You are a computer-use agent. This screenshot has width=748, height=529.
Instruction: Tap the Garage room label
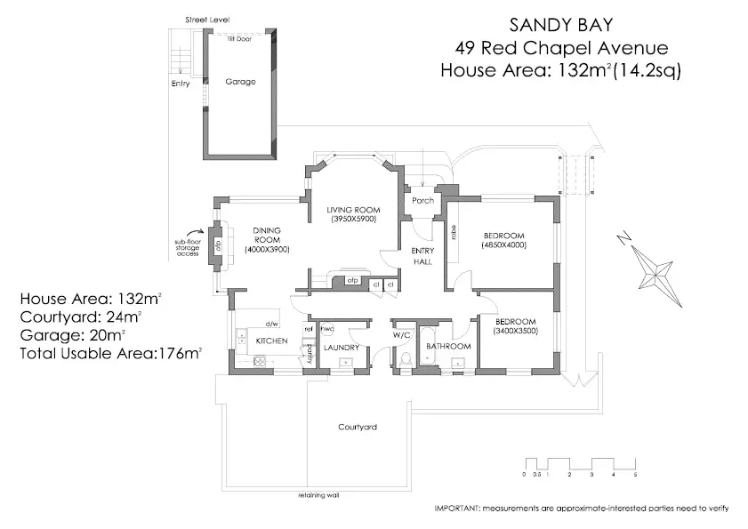pyautogui.click(x=240, y=82)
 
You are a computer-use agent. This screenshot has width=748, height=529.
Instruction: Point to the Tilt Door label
pyautogui.click(x=238, y=39)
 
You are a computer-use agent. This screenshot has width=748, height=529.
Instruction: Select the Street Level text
pyautogui.click(x=207, y=19)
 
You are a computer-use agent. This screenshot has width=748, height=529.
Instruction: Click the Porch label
pyautogui.click(x=423, y=200)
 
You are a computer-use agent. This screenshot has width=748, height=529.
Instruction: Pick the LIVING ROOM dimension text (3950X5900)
pyautogui.click(x=353, y=218)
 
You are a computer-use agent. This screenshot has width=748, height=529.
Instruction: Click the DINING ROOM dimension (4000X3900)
pyautogui.click(x=267, y=251)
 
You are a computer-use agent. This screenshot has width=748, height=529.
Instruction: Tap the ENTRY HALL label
pyautogui.click(x=422, y=255)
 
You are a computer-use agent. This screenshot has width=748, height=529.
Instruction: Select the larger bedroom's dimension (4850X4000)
pyautogui.click(x=504, y=244)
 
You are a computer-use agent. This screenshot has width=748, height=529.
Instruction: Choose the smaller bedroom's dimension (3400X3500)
pyautogui.click(x=515, y=331)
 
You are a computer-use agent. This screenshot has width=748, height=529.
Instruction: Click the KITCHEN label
pyautogui.click(x=271, y=341)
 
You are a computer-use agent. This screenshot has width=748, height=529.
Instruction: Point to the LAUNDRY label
pyautogui.click(x=341, y=347)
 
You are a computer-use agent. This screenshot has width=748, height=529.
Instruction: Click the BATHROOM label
pyautogui.click(x=447, y=347)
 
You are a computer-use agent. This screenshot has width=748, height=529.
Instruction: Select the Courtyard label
pyautogui.click(x=358, y=428)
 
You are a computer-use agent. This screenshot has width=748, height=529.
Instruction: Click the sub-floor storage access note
pyautogui.click(x=188, y=247)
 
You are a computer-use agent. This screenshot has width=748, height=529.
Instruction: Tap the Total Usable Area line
pyautogui.click(x=111, y=354)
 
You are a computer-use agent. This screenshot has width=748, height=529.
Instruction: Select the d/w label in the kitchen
pyautogui.click(x=271, y=324)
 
